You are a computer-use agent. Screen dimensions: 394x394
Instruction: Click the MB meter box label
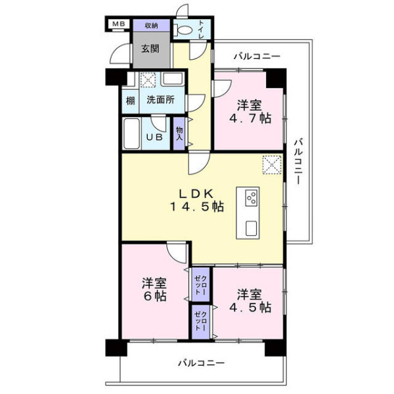[118, 24]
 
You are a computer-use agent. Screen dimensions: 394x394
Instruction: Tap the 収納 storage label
[151, 26]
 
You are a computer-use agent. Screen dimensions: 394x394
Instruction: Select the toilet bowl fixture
[183, 30]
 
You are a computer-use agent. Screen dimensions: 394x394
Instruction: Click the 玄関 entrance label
[150, 49]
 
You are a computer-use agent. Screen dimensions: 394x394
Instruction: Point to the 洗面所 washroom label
[161, 100]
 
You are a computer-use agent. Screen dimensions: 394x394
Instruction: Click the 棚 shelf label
[130, 101]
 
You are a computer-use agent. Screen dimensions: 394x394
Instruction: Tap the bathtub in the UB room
[131, 133]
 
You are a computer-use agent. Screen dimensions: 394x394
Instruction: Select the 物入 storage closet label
[179, 134]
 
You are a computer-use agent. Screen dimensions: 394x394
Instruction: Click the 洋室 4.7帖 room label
[250, 112]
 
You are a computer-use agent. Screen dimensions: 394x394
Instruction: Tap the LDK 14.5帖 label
[197, 200]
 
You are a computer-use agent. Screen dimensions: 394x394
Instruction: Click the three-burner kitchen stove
[252, 197]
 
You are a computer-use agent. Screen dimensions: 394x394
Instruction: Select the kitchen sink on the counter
[252, 228]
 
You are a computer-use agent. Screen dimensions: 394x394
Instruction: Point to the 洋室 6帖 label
[154, 290]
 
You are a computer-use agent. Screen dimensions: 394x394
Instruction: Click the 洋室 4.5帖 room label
[250, 301]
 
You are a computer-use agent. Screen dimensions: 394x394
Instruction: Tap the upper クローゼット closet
[201, 285]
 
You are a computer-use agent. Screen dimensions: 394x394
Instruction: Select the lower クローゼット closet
[201, 322]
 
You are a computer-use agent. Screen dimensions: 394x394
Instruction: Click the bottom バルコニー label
[202, 363]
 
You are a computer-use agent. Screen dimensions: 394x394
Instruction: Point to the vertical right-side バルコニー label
[298, 161]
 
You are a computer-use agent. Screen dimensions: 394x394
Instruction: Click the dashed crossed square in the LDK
[272, 165]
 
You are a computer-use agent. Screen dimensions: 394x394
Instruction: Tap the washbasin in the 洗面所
[172, 79]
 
